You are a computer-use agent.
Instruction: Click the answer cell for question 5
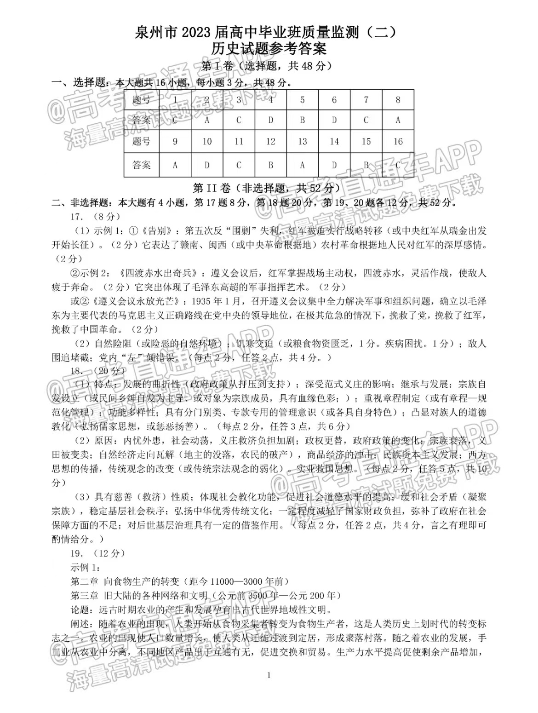(302, 121)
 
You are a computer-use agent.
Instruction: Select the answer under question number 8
(398, 121)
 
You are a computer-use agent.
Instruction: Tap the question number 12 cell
(270, 142)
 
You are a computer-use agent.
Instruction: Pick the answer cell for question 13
(302, 165)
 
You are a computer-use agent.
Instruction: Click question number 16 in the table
(398, 142)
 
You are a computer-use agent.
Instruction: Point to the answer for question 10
(207, 165)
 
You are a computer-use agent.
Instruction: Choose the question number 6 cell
(334, 100)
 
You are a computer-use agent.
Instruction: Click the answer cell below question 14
(334, 165)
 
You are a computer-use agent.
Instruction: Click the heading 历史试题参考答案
(269, 49)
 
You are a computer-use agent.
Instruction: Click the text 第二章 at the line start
(84, 582)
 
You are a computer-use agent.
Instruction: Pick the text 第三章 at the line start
(84, 596)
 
